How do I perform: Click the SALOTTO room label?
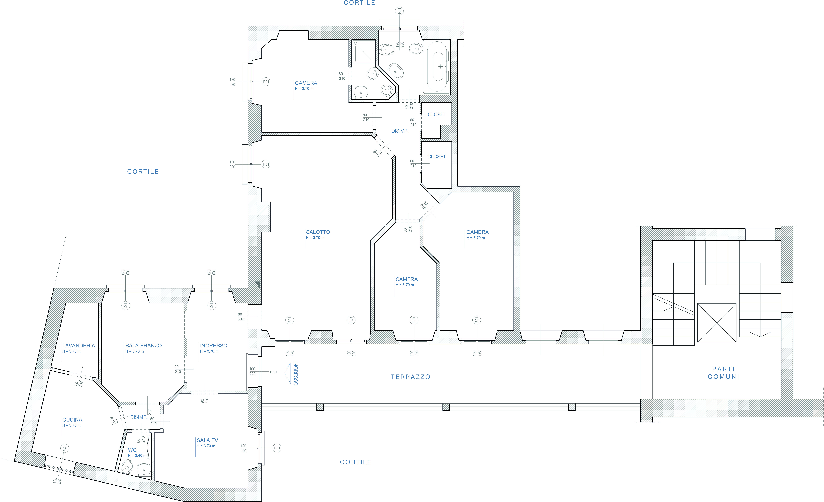tap(318, 232)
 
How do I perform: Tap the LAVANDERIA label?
tap(79, 346)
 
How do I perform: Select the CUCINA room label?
tap(72, 420)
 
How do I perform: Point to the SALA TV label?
tap(207, 440)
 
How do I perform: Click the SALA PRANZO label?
tap(143, 346)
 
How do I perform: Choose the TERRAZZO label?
tap(411, 377)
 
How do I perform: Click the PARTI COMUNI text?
tap(723, 373)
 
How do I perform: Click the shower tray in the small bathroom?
tap(363, 52)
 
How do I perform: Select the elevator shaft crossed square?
tap(717, 323)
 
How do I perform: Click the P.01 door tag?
tap(274, 372)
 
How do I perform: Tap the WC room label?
tap(132, 450)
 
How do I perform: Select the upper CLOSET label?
tap(437, 115)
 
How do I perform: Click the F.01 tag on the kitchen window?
tap(65, 448)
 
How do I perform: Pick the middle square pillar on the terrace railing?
tap(446, 407)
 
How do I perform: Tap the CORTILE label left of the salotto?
tap(143, 172)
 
